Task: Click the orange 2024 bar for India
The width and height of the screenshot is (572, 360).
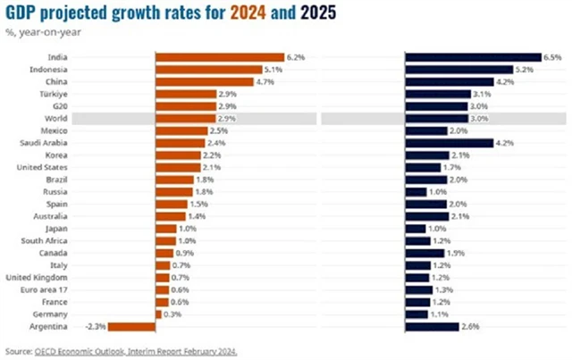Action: coord(219,57)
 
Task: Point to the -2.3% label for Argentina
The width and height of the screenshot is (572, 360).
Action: coord(96,327)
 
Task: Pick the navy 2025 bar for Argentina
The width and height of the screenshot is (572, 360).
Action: coord(432,327)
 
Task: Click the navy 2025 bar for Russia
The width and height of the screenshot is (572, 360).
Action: coord(416,192)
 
